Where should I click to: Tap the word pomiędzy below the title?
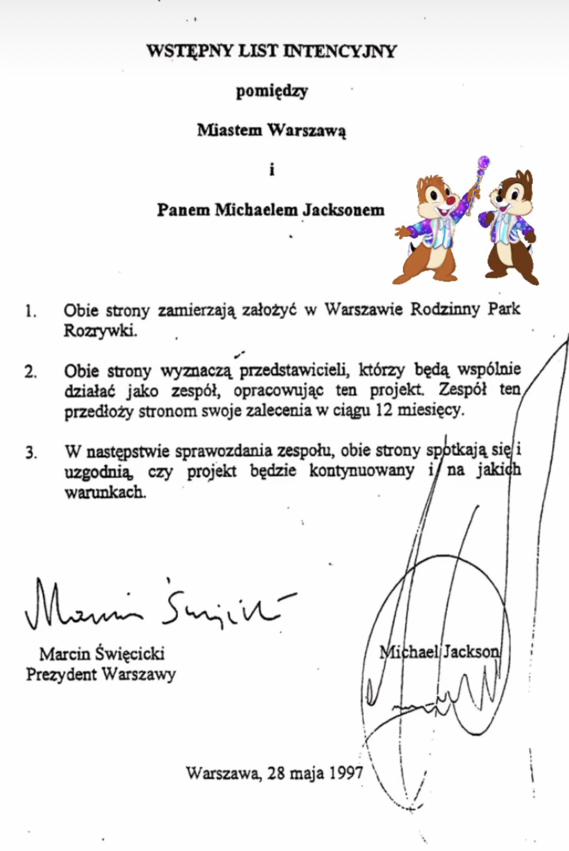pos(272,91)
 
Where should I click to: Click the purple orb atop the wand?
pos(483,161)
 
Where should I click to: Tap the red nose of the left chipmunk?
pos(452,199)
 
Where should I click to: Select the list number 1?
pos(31,311)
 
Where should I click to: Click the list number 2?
pos(31,372)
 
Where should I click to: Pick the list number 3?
pos(31,453)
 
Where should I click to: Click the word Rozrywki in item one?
pos(100,331)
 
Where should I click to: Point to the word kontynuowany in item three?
pos(361,471)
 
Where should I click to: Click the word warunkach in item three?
pos(105,492)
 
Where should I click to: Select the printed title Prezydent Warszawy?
pos(101,674)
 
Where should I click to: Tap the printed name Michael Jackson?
pos(439,652)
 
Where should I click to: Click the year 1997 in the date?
pos(346,773)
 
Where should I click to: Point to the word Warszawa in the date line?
pos(222,773)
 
